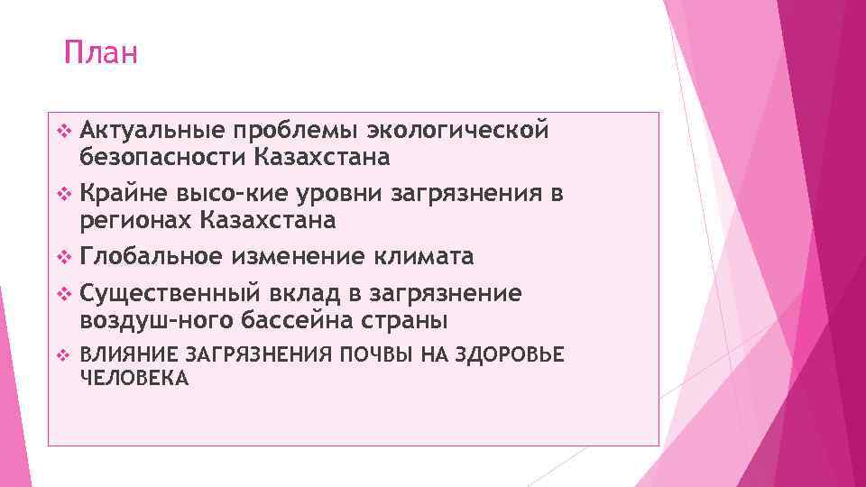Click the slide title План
pyautogui.click(x=101, y=53)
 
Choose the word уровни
pyautogui.click(x=343, y=194)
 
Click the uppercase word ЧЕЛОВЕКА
pyautogui.click(x=134, y=379)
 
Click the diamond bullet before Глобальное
pyautogui.click(x=63, y=258)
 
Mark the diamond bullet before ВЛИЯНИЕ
pyautogui.click(x=63, y=356)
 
